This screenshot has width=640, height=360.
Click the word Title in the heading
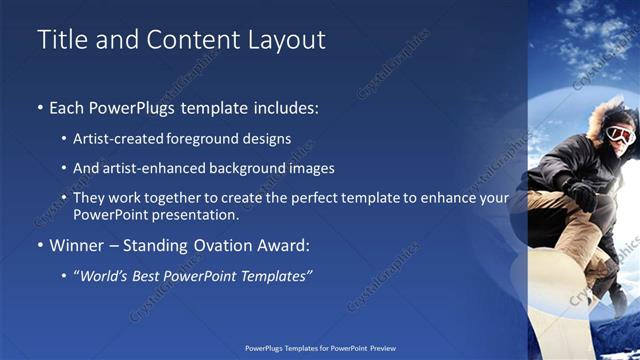point(60,40)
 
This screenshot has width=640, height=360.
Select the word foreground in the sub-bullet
point(215,139)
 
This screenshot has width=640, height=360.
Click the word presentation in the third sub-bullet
point(189,214)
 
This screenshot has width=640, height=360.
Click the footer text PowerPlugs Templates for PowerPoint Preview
point(320,350)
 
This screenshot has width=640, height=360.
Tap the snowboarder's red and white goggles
point(619,134)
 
